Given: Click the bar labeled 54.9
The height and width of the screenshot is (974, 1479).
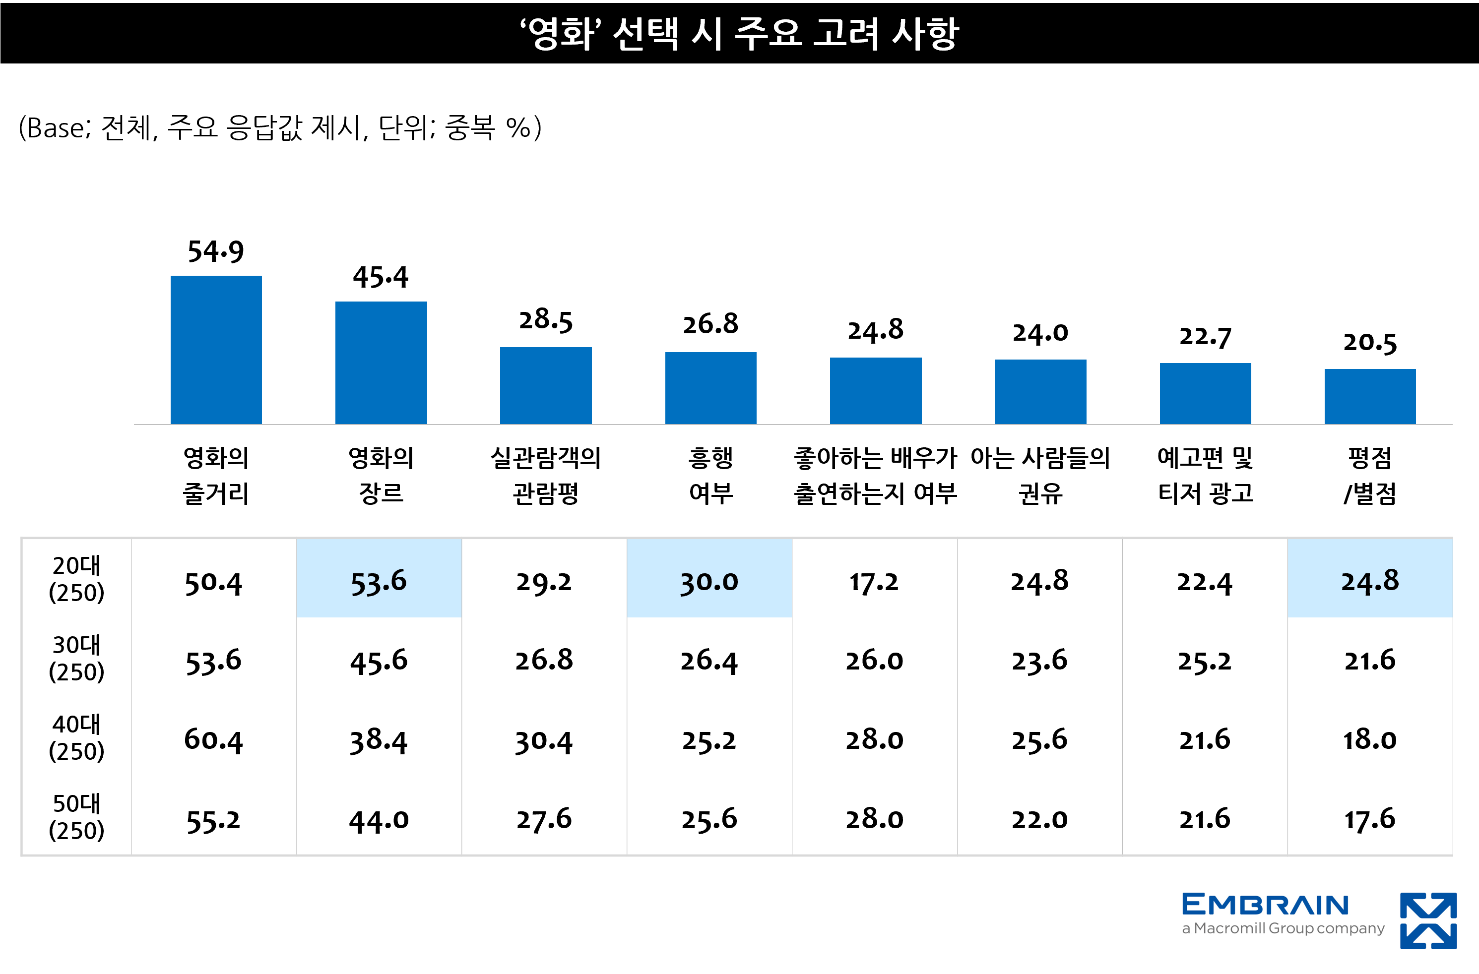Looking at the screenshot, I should pyautogui.click(x=216, y=350).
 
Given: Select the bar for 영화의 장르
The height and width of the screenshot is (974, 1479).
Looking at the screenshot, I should pyautogui.click(x=381, y=363).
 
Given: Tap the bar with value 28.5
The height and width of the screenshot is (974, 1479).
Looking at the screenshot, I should pyautogui.click(x=546, y=385).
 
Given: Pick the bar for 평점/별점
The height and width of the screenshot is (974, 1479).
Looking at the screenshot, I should pyautogui.click(x=1370, y=396).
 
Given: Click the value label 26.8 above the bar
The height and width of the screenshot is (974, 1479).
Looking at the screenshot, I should pyautogui.click(x=710, y=324).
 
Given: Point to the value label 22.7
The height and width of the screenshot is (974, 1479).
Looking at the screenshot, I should pyautogui.click(x=1205, y=337).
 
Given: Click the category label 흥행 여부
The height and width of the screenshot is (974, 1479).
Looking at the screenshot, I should pyautogui.click(x=710, y=475).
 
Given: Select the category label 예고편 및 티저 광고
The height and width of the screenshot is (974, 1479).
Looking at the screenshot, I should pyautogui.click(x=1205, y=475).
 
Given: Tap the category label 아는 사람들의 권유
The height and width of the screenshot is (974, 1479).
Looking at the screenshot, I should pyautogui.click(x=1040, y=475).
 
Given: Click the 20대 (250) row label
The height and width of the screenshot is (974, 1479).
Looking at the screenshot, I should pyautogui.click(x=76, y=579).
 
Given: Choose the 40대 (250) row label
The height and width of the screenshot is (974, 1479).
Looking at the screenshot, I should pyautogui.click(x=76, y=738).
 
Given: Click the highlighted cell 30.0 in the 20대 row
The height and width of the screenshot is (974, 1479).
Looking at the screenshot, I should pyautogui.click(x=709, y=581).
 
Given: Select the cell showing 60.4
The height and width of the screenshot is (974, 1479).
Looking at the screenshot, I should pyautogui.click(x=213, y=739).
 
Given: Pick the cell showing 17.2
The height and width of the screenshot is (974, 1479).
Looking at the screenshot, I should pyautogui.click(x=874, y=581).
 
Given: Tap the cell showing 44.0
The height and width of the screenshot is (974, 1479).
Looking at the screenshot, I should pyautogui.click(x=379, y=819).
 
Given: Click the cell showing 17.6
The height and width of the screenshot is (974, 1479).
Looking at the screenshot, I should pyautogui.click(x=1370, y=819).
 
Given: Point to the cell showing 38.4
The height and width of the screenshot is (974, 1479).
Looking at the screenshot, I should pyautogui.click(x=379, y=739).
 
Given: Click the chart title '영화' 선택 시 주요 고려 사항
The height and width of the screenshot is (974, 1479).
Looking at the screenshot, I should pyautogui.click(x=739, y=32).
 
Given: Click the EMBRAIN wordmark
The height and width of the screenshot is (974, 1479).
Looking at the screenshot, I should pyautogui.click(x=1265, y=905).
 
